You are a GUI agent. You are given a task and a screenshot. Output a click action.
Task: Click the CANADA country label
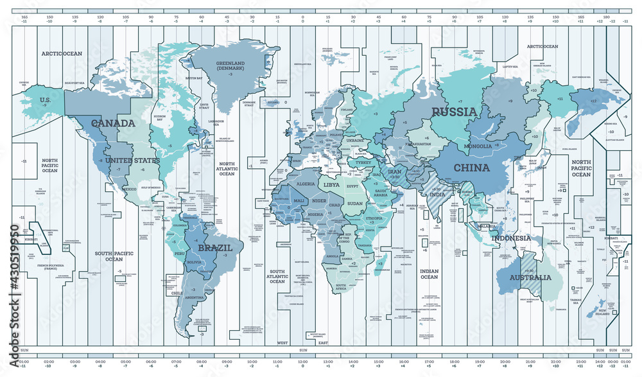(x=113, y=123)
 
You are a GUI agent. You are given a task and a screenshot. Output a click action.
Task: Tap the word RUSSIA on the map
(x=454, y=112)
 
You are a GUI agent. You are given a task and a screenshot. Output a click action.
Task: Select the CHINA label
(x=472, y=168)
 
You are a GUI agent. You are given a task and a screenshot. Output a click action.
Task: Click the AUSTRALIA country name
(x=530, y=278)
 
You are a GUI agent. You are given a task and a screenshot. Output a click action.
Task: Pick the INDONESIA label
(x=511, y=238)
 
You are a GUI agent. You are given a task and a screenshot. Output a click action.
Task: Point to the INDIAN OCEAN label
(x=429, y=274)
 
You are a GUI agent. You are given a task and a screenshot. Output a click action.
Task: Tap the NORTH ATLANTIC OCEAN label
(x=227, y=168)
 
